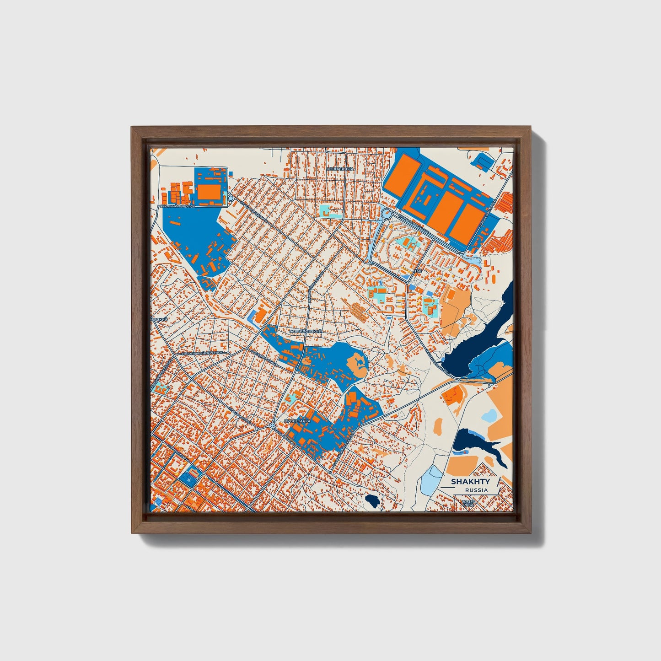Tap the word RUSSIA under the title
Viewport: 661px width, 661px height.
[x=476, y=490]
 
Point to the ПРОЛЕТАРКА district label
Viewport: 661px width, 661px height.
[x=297, y=420]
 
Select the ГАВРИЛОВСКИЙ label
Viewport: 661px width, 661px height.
[x=306, y=331]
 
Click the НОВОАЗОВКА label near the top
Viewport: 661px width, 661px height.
[x=340, y=169]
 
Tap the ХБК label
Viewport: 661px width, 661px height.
[x=416, y=271]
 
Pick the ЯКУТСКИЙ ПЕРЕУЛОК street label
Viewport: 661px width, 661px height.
[x=183, y=206]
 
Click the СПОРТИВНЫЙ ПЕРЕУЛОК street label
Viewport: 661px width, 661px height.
[x=203, y=353]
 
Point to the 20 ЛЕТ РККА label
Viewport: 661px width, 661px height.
[x=468, y=504]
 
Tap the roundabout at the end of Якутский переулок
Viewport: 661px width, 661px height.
[x=231, y=198]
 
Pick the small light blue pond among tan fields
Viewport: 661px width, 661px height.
[x=489, y=416]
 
